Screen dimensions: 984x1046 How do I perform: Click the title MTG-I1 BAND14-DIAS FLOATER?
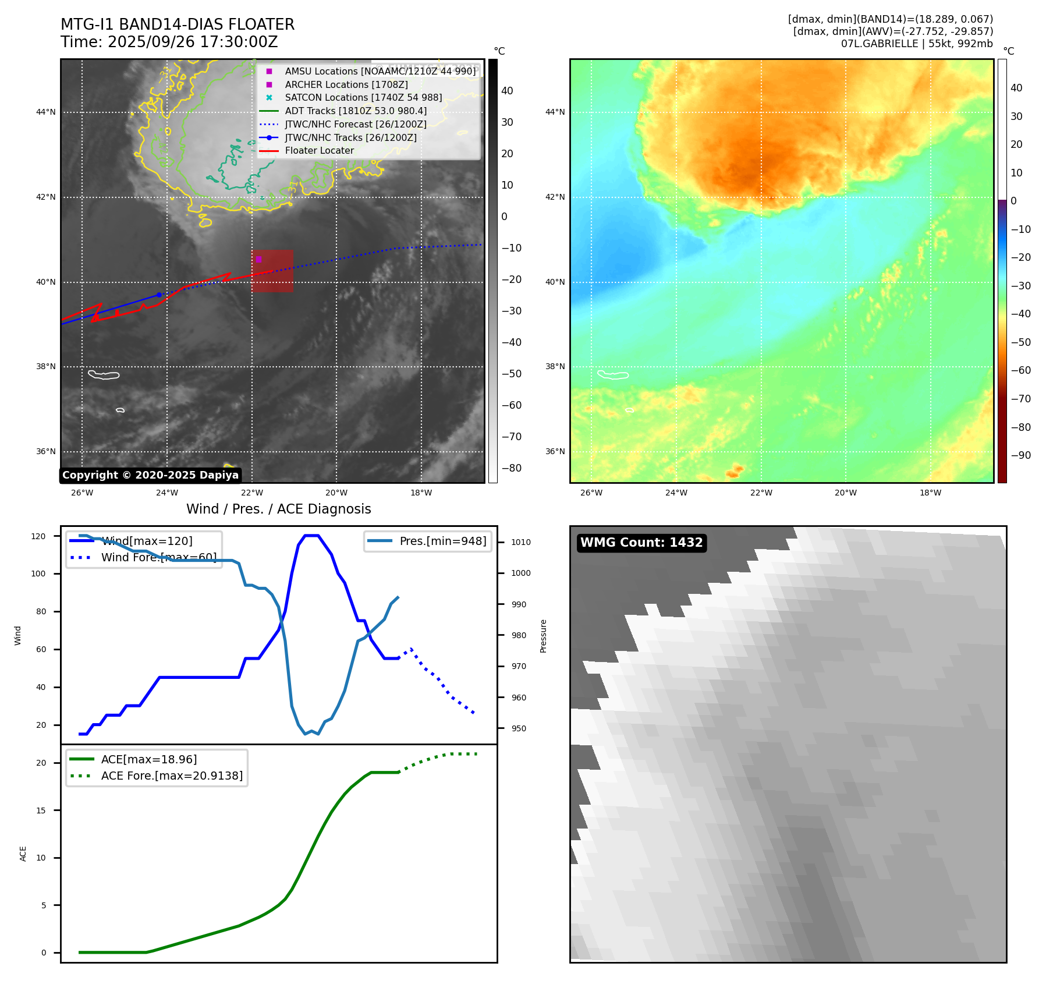click(178, 24)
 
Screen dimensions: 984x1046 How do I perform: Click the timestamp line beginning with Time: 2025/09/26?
click(169, 42)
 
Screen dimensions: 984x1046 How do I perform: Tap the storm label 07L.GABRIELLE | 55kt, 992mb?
click(917, 44)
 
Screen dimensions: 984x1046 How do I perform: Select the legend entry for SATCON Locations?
click(363, 97)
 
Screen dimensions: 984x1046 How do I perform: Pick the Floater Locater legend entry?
click(319, 150)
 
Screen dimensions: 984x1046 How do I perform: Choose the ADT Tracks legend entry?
click(356, 111)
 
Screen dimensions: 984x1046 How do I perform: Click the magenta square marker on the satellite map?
click(258, 259)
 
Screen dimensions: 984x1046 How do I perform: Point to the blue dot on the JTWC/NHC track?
click(159, 295)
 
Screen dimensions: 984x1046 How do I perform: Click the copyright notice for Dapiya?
click(150, 475)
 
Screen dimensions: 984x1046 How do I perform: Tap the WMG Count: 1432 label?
click(641, 543)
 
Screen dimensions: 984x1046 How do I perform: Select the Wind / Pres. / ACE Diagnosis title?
click(278, 509)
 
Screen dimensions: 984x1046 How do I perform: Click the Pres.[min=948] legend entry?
click(442, 541)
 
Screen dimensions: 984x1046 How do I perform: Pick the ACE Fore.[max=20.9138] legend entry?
click(172, 776)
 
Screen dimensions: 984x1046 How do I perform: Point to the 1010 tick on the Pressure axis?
click(521, 542)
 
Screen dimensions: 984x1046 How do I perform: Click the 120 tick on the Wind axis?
click(38, 536)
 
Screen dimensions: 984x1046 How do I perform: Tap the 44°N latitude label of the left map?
click(46, 112)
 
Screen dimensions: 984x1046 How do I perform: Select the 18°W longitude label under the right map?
click(930, 493)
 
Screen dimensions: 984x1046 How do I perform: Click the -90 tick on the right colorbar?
click(1020, 455)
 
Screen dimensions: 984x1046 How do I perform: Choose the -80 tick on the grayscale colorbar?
click(512, 468)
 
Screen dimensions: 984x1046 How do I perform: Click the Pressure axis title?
click(543, 636)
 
